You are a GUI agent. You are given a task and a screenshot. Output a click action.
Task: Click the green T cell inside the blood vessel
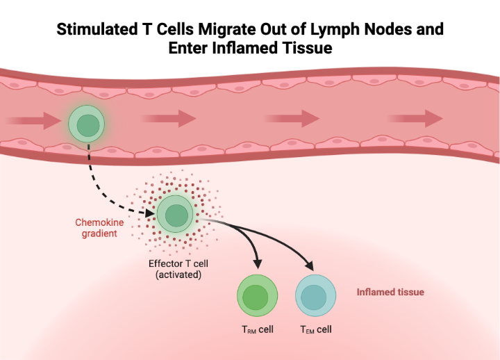point(87,125)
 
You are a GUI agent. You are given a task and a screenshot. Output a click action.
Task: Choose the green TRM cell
point(257,296)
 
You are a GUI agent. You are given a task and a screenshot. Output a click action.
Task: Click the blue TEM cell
point(315,296)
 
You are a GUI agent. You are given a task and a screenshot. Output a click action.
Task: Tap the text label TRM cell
point(256,329)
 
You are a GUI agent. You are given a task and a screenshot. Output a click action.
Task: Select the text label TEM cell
point(315,329)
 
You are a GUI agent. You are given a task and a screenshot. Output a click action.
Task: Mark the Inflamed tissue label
point(390,292)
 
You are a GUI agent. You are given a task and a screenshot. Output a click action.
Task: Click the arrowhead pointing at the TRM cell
point(258,265)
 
